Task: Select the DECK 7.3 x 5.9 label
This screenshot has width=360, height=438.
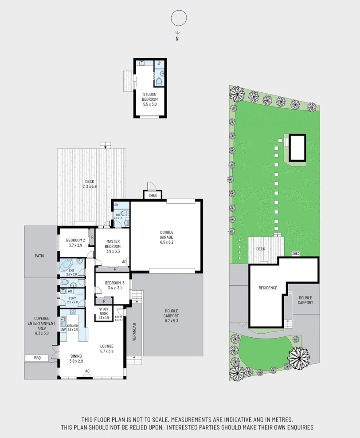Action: click(x=89, y=184)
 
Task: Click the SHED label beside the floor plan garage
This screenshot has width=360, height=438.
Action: click(x=152, y=195)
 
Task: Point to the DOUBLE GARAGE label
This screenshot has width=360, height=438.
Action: click(x=167, y=235)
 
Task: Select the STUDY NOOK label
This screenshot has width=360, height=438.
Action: click(x=104, y=313)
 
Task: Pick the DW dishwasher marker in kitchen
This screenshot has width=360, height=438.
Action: click(x=63, y=329)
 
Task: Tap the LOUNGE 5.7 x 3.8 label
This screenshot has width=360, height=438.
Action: click(x=106, y=349)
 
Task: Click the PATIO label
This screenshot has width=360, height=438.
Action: click(x=40, y=256)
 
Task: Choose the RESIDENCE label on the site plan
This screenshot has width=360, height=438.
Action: click(x=268, y=288)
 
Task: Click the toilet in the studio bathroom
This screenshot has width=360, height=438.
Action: click(x=159, y=80)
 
